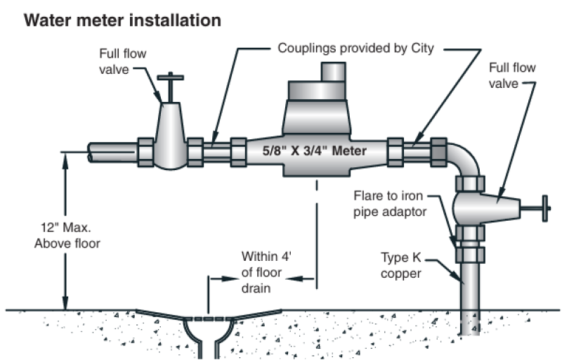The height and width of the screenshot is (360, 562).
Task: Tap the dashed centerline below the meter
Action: (318, 232)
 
